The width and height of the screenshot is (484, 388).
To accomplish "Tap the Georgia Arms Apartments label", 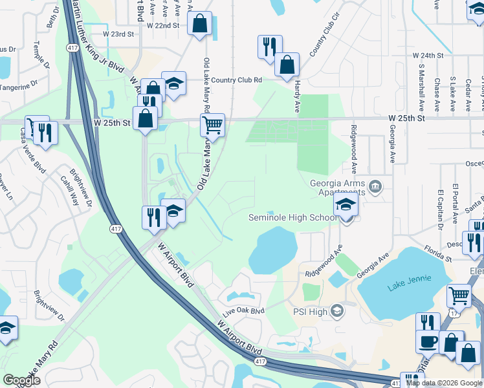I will coord(338,187).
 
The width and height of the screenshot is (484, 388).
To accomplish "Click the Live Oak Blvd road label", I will coord(244,312).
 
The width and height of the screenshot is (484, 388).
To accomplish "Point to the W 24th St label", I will coord(428,56).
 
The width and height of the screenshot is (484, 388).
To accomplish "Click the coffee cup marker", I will coord(427,341).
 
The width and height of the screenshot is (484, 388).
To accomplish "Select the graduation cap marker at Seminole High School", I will coord(346,207).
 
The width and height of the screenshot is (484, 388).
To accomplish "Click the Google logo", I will coord(22,380).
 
